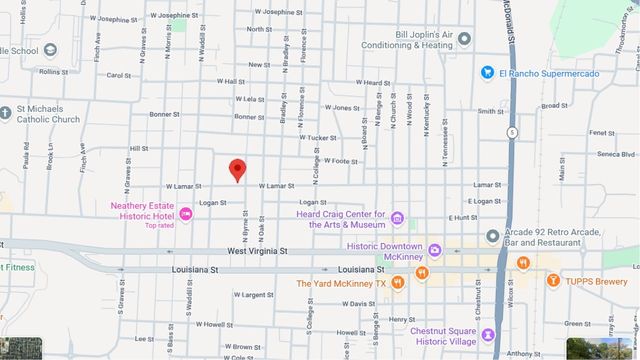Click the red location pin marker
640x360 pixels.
click(237, 170)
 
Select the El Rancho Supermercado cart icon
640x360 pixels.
click(488, 72)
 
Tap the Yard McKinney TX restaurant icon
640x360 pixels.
click(398, 283)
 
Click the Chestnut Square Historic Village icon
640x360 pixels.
click(488, 334)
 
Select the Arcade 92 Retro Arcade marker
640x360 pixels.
click(492, 236)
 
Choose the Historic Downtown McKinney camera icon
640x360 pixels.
click(434, 248)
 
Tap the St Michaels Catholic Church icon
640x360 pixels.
click(7, 113)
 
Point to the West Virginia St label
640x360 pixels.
click(257, 252)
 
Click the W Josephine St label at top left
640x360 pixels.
click(111, 19)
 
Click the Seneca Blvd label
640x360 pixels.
click(615, 154)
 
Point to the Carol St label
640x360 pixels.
click(119, 75)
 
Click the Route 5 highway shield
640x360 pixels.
click(512, 131)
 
